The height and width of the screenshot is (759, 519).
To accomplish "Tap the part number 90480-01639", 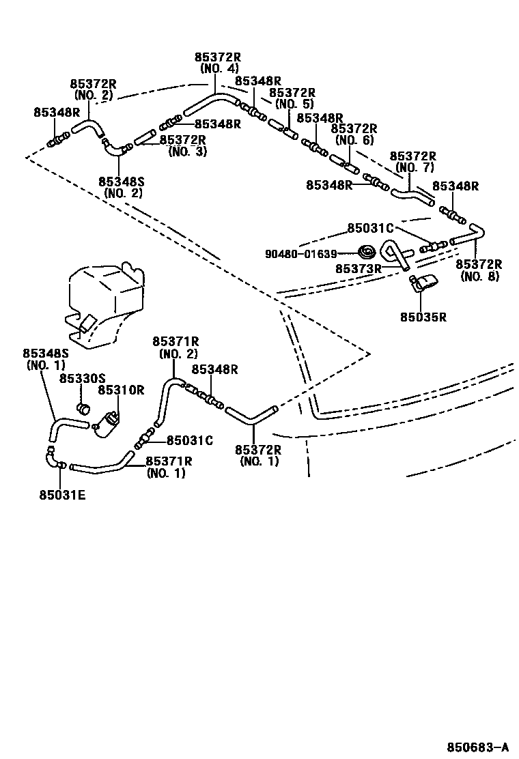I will [x=301, y=254].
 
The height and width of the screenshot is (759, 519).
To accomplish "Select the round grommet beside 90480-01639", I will [x=367, y=252].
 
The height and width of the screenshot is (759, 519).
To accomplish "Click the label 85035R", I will [x=423, y=317].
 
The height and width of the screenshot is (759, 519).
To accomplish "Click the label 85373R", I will [x=358, y=268].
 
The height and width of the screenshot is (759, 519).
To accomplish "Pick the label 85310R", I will [x=121, y=390].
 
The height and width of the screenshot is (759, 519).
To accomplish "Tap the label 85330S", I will [x=82, y=378].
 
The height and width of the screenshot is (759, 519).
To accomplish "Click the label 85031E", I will [x=62, y=495].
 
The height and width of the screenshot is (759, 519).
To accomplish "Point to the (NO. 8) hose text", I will [x=480, y=276].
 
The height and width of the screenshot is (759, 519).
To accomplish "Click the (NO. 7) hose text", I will [x=414, y=167].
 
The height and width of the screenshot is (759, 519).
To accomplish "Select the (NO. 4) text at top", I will [x=219, y=68].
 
